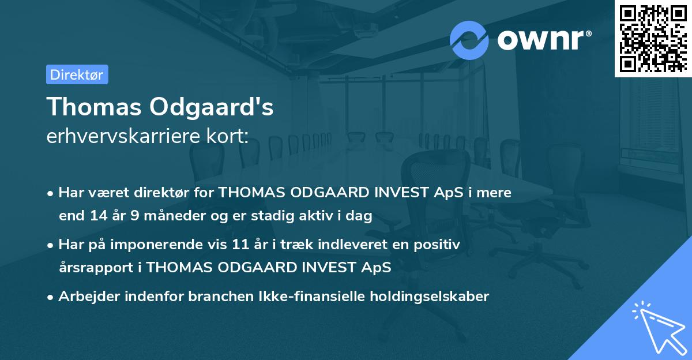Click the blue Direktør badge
coord(77,74)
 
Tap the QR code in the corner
coord(652,38)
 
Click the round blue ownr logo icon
coord(469,39)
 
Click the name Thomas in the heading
coord(93,107)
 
